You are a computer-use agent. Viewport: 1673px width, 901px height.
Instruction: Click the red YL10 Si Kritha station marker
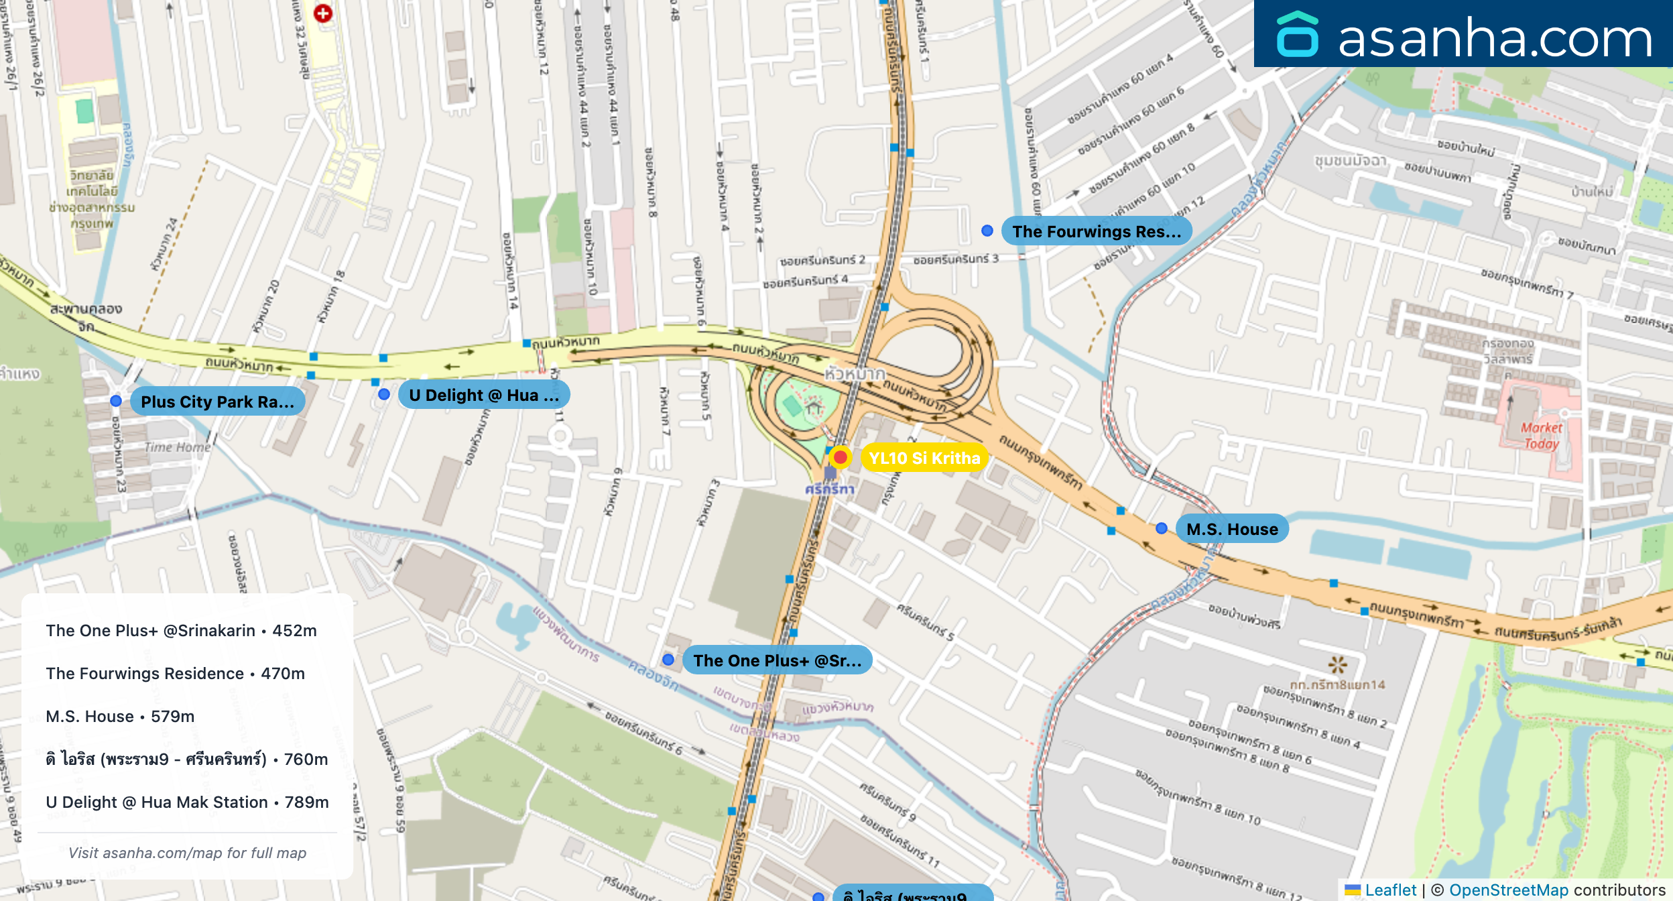tap(840, 457)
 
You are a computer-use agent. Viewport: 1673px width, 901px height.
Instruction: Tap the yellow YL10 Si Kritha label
tap(924, 458)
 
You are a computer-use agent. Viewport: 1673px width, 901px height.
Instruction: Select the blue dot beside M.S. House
tap(1162, 528)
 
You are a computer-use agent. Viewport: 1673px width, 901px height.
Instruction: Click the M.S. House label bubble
tap(1231, 529)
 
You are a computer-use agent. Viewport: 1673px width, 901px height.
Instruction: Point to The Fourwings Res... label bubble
tap(1096, 231)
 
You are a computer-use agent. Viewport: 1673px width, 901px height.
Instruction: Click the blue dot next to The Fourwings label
tap(987, 231)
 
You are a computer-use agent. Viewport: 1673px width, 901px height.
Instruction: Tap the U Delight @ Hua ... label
tap(483, 395)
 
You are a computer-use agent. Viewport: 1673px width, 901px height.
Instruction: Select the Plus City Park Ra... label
tap(217, 402)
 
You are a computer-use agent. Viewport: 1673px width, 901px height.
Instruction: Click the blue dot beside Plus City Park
tap(116, 401)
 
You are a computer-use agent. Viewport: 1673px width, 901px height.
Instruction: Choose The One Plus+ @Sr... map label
tap(777, 660)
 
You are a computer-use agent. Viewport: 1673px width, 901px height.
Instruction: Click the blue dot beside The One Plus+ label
tap(668, 660)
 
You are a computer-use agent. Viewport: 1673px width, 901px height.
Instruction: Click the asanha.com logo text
tap(1495, 38)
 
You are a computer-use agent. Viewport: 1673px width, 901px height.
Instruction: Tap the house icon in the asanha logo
tap(1297, 35)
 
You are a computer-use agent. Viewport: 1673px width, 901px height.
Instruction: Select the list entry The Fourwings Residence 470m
tap(175, 673)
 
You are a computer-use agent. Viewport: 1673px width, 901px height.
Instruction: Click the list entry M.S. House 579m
tap(120, 716)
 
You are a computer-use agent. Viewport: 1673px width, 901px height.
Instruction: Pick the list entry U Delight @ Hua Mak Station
tap(187, 802)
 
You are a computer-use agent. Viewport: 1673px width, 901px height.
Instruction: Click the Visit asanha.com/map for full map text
tap(187, 853)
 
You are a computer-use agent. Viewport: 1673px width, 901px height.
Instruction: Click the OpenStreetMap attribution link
tap(1508, 890)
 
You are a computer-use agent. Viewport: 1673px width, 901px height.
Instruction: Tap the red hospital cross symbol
tap(323, 13)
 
